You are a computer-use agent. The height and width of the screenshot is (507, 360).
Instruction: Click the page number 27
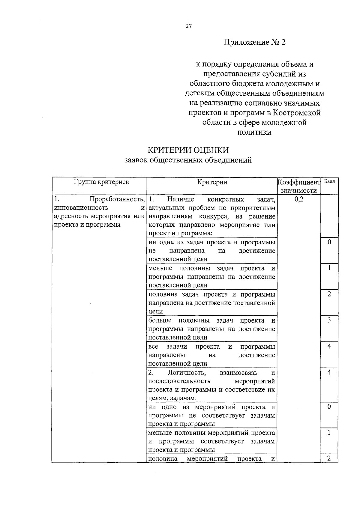188,26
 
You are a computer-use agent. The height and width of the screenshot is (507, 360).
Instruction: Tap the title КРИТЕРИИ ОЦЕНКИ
188,150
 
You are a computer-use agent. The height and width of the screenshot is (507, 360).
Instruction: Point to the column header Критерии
212,182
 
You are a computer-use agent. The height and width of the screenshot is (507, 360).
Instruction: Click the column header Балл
329,181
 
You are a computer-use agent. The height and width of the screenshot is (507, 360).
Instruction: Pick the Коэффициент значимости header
298,186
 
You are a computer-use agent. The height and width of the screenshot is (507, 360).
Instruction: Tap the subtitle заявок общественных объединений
188,160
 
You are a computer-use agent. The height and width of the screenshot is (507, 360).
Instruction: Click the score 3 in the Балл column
329,320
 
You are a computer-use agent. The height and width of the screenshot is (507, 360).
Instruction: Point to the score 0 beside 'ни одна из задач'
329,242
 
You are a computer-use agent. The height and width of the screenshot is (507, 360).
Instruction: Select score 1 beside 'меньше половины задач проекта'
329,268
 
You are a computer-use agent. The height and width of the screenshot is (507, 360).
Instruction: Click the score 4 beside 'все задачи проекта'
329,346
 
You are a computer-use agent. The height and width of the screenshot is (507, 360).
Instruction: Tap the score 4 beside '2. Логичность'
329,372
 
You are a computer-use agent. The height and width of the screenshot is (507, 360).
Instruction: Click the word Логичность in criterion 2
187,373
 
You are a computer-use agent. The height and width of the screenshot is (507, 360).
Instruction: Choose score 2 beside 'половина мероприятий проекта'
329,458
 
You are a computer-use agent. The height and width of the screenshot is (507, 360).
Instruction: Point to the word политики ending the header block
254,132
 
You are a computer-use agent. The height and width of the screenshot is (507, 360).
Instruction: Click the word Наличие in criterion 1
181,199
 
